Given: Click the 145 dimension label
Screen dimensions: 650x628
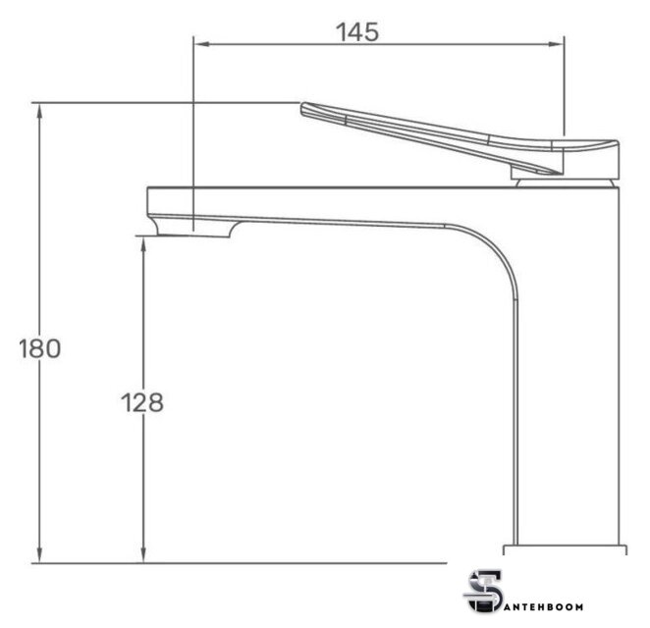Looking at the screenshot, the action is (357, 32).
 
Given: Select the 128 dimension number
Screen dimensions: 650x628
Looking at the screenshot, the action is (142, 402).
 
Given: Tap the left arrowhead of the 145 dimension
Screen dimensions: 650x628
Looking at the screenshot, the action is (201, 44).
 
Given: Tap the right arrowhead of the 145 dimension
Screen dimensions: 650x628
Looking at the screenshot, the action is (557, 44).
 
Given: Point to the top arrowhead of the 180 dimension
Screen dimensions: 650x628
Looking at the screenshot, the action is (40, 110).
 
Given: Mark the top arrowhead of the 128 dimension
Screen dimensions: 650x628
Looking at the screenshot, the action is (143, 244).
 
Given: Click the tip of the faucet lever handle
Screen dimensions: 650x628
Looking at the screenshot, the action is (303, 108).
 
